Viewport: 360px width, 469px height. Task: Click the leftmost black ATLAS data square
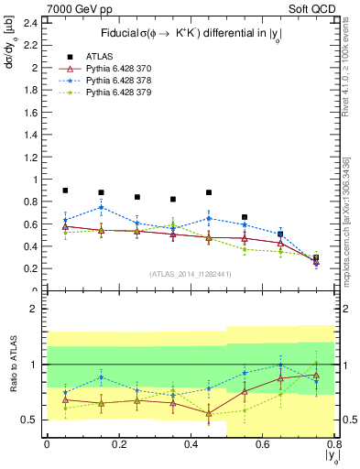tap(65, 191)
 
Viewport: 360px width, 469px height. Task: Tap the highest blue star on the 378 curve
tap(101, 207)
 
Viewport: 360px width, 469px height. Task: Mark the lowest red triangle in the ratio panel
tap(209, 413)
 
